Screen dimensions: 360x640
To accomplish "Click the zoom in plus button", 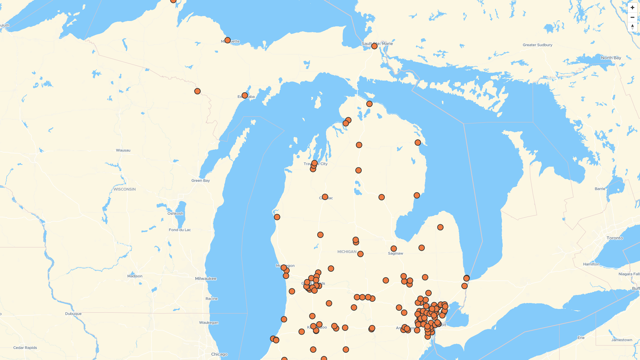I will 632,8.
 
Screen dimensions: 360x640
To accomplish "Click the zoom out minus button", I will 632,17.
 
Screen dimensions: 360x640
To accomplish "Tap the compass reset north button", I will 632,27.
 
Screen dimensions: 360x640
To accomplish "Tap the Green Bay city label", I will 201,181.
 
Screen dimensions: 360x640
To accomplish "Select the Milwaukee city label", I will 206,279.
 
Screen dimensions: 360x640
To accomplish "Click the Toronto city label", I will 615,238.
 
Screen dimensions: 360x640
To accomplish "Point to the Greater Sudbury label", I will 537,45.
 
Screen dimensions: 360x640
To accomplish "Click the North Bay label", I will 611,58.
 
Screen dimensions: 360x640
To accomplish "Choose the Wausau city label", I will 123,150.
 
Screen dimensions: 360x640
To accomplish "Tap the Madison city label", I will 135,276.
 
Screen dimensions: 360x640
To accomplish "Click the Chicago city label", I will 219,354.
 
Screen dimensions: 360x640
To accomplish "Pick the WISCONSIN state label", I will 125,189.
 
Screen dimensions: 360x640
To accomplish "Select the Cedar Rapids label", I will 25,348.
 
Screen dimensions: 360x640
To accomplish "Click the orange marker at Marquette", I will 227,40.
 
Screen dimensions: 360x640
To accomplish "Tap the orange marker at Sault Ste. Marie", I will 374,46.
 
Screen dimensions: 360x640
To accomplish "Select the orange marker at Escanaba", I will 245,96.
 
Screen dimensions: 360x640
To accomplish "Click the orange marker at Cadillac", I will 325,197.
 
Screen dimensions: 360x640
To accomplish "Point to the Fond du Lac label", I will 180,230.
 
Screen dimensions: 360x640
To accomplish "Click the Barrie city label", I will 600,189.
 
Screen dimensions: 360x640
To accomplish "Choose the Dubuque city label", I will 73,314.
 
